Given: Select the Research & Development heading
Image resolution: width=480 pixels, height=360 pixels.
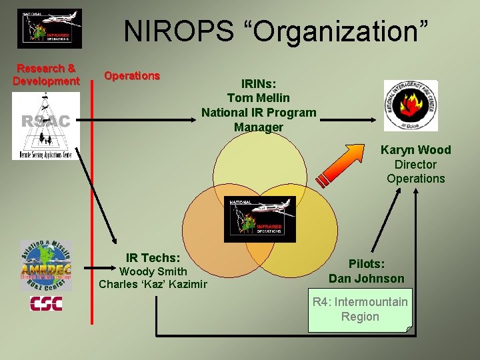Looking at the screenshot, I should tap(46, 75).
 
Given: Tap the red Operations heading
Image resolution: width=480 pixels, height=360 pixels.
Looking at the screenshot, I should tap(132, 75).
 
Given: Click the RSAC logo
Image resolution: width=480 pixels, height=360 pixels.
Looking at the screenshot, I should tap(45, 126).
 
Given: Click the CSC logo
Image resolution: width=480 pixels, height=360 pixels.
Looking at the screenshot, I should tap(45, 304).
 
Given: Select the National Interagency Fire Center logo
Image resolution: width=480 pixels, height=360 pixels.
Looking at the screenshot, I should tap(411, 105).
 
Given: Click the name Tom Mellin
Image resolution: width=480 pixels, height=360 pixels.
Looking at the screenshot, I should tap(259, 98).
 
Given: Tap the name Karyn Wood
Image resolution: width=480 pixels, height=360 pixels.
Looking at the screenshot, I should tap(415, 150).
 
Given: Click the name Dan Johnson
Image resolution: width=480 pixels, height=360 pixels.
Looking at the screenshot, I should tap(366, 278).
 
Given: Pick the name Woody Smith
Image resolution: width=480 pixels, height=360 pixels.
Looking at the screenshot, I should tap(153, 271).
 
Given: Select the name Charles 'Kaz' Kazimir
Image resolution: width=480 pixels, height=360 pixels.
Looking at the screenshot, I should tap(153, 284).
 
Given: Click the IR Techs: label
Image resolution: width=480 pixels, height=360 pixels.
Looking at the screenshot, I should tap(153, 257).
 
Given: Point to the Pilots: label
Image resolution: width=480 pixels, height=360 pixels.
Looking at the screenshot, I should tap(366, 264).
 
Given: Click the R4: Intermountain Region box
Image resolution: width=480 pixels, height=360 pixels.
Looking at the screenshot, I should tap(360, 309).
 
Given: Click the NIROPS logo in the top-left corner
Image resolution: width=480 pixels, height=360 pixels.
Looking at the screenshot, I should tap(49, 29).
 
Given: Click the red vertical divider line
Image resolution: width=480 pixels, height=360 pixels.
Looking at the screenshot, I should tap(91, 200).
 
